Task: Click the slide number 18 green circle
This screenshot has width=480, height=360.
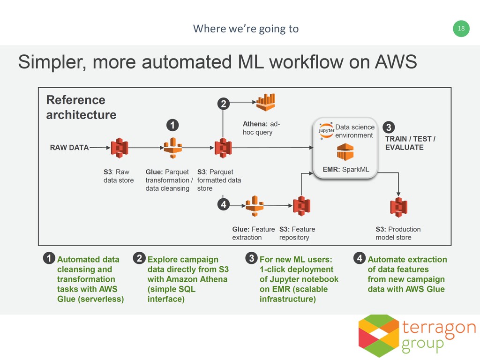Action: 461,29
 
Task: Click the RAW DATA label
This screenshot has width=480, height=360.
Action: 69,148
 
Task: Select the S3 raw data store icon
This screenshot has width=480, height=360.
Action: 120,148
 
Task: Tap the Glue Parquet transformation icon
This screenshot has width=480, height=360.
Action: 172,148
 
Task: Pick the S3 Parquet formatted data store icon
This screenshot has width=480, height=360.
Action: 223,148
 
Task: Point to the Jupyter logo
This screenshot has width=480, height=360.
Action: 326,130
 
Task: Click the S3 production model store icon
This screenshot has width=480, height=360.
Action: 398,207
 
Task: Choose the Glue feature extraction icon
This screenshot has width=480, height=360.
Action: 253,206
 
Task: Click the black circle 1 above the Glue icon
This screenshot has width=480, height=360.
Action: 173,125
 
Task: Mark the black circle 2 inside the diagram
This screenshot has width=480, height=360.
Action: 223,105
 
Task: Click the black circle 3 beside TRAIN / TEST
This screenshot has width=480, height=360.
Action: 389,127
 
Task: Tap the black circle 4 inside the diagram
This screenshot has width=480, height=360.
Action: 223,205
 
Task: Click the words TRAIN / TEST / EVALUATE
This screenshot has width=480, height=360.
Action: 410,143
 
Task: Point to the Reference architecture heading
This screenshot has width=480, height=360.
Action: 81,107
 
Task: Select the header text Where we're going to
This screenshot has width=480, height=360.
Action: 246,29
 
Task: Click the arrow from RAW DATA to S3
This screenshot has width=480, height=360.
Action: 99,148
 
